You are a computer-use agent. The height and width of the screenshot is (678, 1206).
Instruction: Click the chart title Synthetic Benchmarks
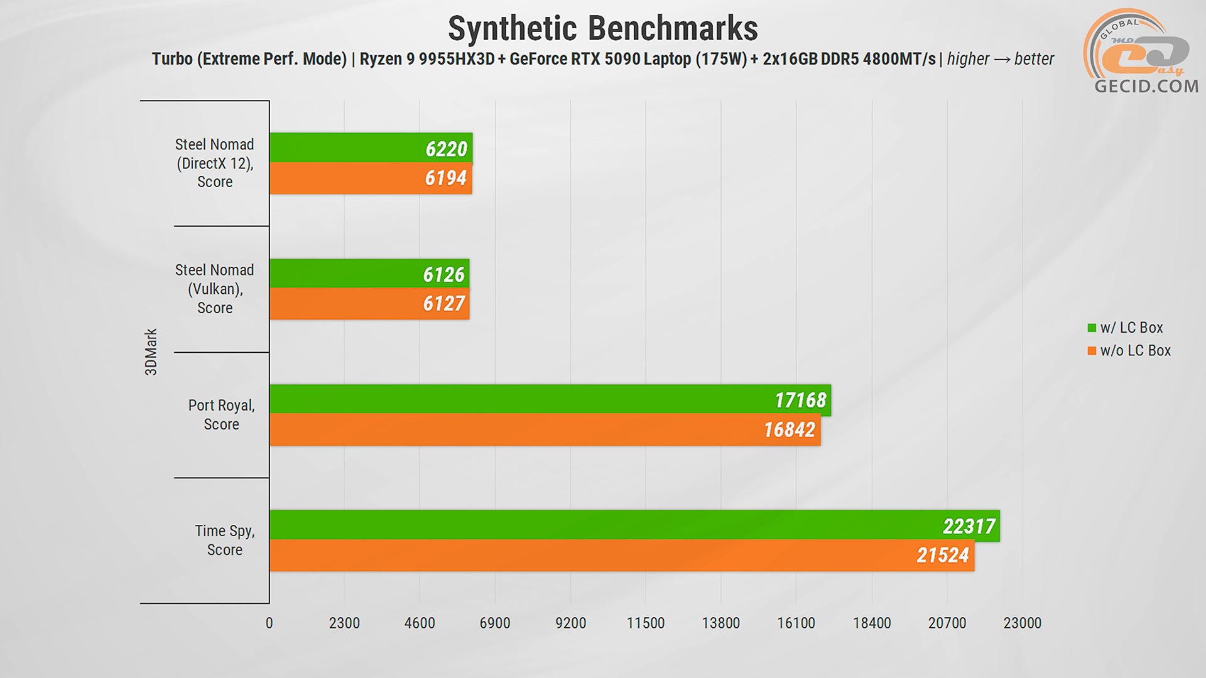point(602,29)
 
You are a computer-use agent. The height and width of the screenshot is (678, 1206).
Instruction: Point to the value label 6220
point(446,149)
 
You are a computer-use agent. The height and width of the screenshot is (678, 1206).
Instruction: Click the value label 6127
point(443,304)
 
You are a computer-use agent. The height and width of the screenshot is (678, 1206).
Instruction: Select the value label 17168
point(800,400)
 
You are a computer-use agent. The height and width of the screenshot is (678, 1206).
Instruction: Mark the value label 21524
point(942,555)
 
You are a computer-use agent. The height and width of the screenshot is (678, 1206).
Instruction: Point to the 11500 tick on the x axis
point(645,623)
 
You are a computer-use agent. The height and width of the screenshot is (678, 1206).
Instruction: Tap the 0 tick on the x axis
point(269,623)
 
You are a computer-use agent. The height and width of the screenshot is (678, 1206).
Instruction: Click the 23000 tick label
point(1022,623)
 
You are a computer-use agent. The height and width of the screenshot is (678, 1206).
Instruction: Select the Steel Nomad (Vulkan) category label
point(215,289)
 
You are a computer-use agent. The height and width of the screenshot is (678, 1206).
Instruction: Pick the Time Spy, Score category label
point(224,540)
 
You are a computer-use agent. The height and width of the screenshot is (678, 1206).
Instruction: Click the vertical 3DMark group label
point(151,352)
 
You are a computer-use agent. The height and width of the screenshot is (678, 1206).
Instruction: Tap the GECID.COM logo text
point(1146,86)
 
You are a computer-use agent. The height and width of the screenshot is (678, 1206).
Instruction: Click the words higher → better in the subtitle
point(1000,59)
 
